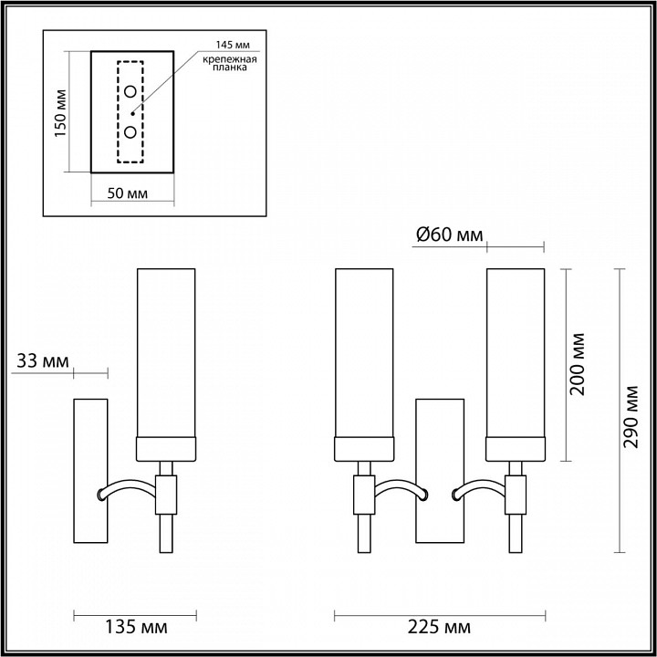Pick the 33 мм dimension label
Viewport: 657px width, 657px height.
tap(42, 361)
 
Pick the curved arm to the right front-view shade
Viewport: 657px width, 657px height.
tap(479, 490)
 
